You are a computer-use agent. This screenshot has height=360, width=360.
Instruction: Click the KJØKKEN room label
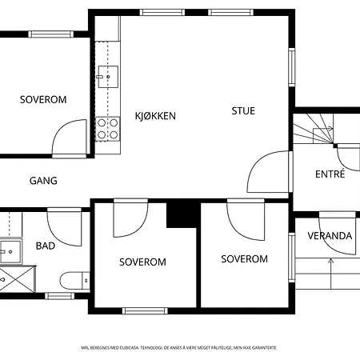pyautogui.click(x=155, y=116)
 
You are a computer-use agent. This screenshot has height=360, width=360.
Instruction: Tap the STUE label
pyautogui.click(x=243, y=111)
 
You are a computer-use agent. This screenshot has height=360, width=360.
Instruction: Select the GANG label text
pyautogui.click(x=43, y=181)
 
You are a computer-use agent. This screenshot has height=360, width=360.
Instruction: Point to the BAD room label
pyautogui.click(x=46, y=246)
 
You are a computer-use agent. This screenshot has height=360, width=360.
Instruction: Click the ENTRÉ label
pyautogui.click(x=330, y=174)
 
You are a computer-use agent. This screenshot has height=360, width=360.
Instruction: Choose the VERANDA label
pyautogui.click(x=330, y=236)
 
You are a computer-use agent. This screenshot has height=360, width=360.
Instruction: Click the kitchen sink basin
pyautogui.click(x=108, y=77)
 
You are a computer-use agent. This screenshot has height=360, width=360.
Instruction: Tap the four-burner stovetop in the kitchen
pyautogui.click(x=108, y=129)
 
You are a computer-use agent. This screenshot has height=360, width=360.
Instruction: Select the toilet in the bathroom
pyautogui.click(x=75, y=281)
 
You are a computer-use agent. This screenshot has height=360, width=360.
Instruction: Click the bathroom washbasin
pyautogui.click(x=10, y=251)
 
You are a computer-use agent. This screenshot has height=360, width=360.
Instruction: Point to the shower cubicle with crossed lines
pyautogui.click(x=18, y=278)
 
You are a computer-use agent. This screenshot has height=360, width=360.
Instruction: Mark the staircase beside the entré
pyautogui.click(x=314, y=129)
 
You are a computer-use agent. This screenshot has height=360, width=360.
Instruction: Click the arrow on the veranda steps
pyautogui.click(x=330, y=274)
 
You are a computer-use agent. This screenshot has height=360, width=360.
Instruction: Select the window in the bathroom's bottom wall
pyautogui.click(x=59, y=296)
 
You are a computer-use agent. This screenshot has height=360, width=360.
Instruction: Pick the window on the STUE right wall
pyautogui.click(x=292, y=67)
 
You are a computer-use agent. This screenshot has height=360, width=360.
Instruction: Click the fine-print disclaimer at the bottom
pyautogui.click(x=179, y=348)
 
